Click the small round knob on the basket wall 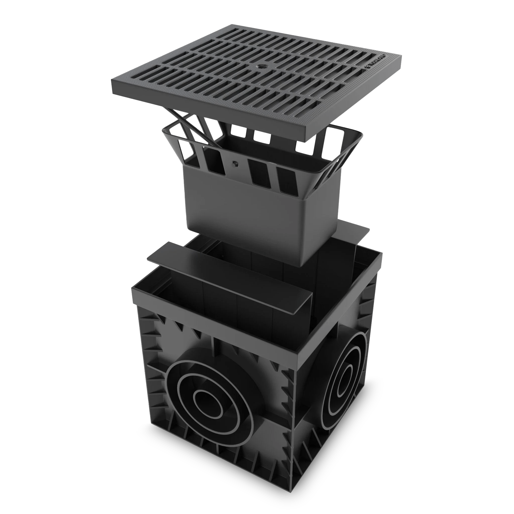pos(235,164)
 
